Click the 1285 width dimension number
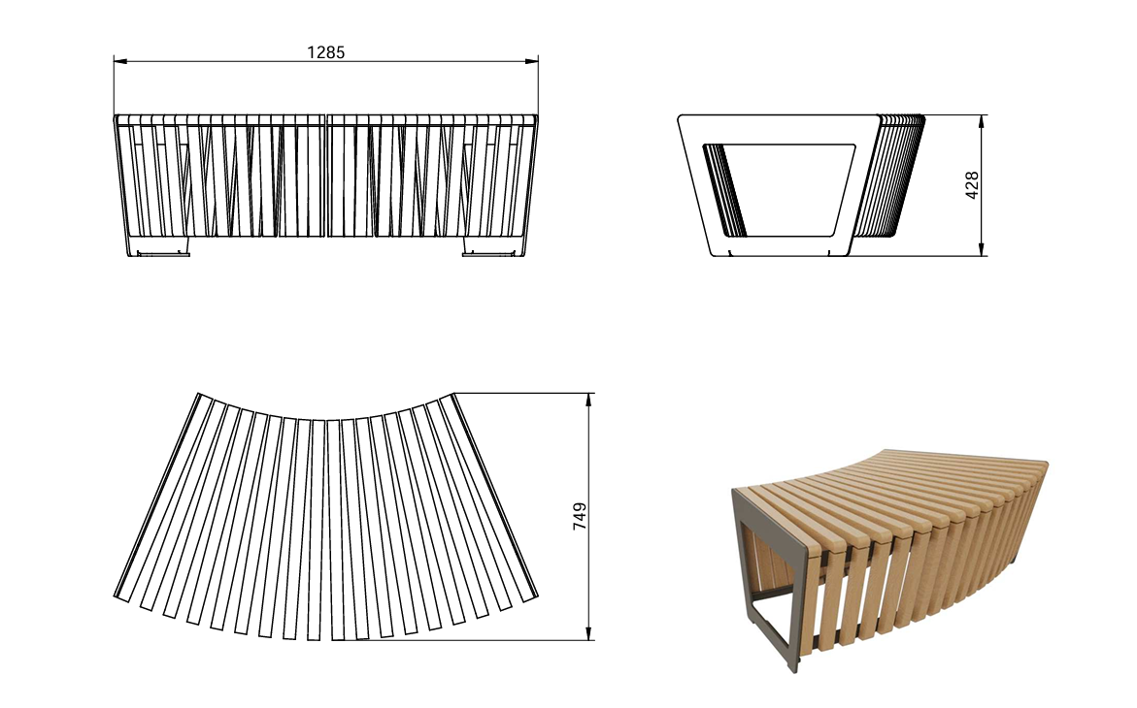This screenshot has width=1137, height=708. click(x=325, y=52)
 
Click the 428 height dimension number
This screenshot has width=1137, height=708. click(x=972, y=185)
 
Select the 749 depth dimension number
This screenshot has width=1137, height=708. click(x=580, y=516)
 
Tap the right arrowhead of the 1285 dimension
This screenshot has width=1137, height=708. click(x=531, y=62)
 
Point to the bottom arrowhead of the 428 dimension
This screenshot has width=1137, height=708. click(x=981, y=248)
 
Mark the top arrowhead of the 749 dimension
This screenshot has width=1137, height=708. click(x=588, y=401)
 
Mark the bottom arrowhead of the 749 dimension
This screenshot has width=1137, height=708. click(x=588, y=632)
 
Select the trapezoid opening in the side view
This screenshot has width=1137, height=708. click(x=780, y=190)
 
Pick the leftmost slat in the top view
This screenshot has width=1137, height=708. click(x=158, y=496)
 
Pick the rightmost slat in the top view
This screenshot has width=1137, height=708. click(x=493, y=496)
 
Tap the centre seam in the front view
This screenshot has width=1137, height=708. click(x=326, y=176)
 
